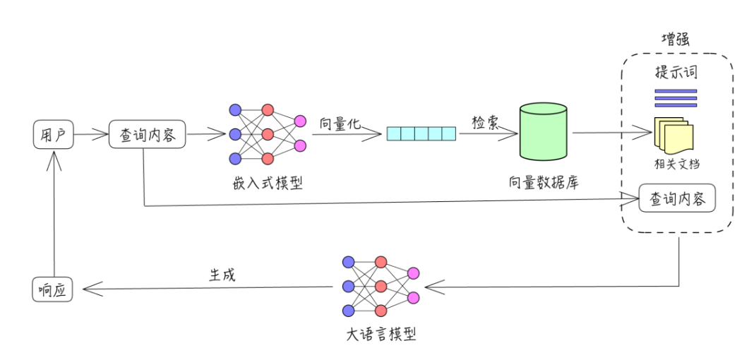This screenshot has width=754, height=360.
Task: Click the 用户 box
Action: [54, 134]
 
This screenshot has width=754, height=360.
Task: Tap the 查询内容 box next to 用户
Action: [148, 134]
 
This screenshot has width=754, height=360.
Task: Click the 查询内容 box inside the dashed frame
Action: [678, 198]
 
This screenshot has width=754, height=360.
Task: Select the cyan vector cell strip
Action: [421, 133]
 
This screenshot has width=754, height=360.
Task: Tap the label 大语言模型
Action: [381, 334]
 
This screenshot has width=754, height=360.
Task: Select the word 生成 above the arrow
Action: [222, 275]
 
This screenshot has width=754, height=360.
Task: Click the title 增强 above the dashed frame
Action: [675, 40]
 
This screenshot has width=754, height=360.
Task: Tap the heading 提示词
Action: [676, 73]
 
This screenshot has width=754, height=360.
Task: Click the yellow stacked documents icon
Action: [674, 135]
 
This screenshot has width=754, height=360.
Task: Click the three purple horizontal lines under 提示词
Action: [676, 98]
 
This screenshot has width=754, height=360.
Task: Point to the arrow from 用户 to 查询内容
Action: [90, 134]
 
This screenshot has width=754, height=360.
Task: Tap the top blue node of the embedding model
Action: [235, 110]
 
